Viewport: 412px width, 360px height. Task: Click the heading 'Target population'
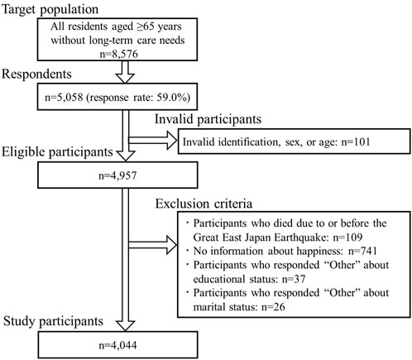coord(50,10)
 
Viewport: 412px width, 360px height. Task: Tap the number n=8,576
coord(118,54)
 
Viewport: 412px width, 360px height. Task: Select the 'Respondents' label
coord(36,74)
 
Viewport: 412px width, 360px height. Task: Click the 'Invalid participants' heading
coord(208,119)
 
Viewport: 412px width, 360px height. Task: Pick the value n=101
coord(356,142)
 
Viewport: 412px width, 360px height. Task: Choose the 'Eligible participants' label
coord(57,152)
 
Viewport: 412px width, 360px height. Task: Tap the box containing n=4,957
coord(117,175)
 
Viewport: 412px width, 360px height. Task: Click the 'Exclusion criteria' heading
coord(204,204)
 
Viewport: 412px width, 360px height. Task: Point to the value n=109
coord(347,238)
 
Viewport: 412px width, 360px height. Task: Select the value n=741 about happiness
coord(362,251)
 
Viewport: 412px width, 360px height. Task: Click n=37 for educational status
coord(294,279)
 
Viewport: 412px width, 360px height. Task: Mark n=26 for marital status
coord(273,307)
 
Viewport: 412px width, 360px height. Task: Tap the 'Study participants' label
coord(53,321)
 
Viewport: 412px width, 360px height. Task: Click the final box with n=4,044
coord(117,345)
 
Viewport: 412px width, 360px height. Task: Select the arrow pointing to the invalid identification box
coord(153,140)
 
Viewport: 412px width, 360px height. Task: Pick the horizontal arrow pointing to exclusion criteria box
coord(153,245)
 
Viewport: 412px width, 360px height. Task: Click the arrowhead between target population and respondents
coord(125,78)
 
